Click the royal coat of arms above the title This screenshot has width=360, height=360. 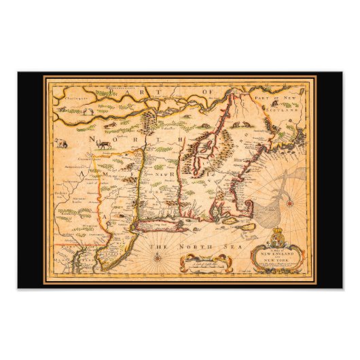click(x=262, y=239)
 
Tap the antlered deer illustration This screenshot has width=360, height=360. click(x=103, y=143)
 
